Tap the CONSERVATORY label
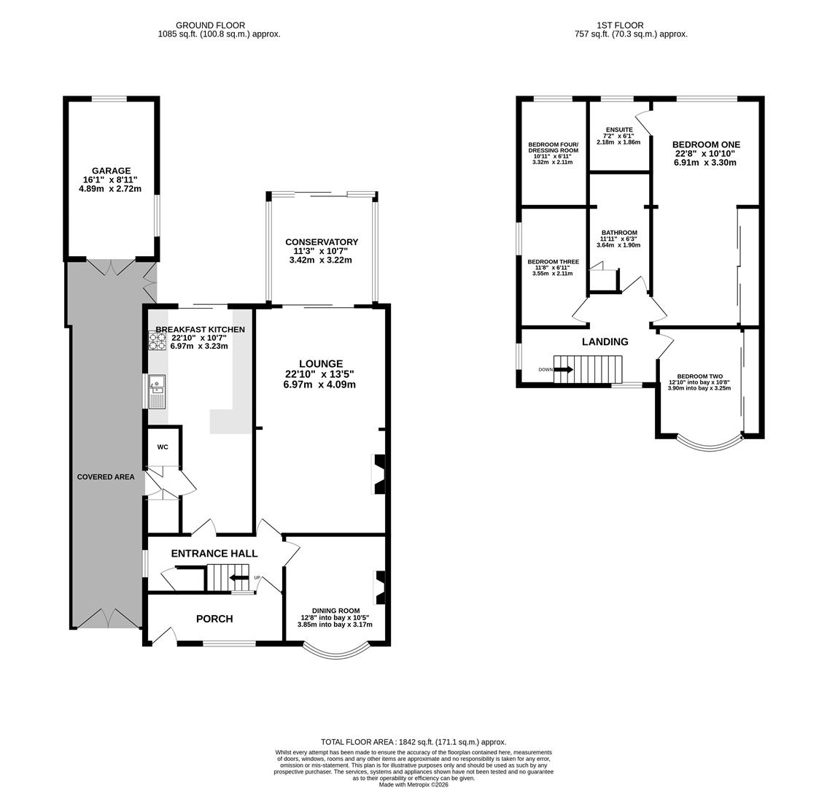[322, 242]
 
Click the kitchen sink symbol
[158, 392]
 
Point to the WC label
[163, 447]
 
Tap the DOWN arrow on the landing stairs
[563, 369]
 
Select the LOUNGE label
[321, 363]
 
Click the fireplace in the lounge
[379, 474]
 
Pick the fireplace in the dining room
[379, 587]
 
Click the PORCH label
[214, 619]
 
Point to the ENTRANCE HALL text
[214, 553]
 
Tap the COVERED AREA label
[106, 476]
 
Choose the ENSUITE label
[619, 130]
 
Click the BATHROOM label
[619, 233]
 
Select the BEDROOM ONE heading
[706, 144]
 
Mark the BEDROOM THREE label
[554, 262]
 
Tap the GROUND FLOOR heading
[210, 25]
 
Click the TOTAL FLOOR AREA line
[413, 741]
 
